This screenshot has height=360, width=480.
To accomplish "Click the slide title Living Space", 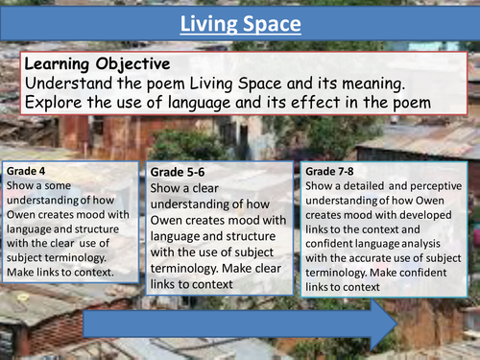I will click(x=239, y=21).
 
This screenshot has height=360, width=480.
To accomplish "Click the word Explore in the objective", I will click(x=54, y=103).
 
